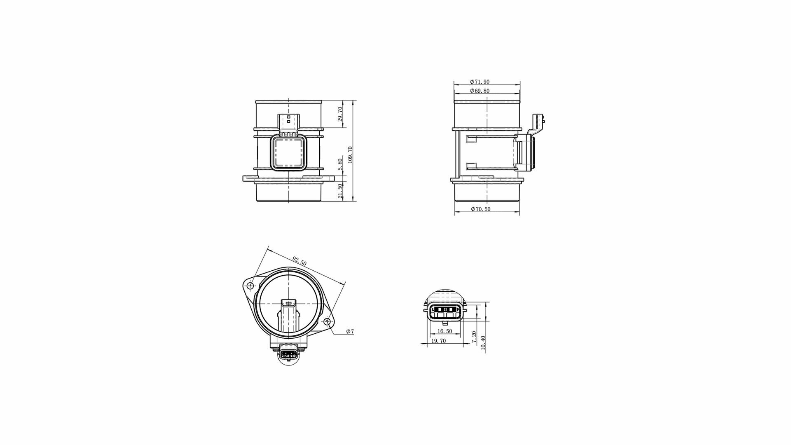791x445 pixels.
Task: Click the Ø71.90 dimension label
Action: [480, 82]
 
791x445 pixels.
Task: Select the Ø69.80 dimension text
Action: [480, 91]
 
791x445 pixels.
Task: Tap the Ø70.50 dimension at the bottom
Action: [480, 209]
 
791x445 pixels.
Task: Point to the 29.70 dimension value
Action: [340, 114]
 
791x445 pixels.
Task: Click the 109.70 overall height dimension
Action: [350, 155]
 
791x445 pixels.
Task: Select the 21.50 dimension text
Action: [340, 191]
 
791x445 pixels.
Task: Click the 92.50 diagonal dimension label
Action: [300, 261]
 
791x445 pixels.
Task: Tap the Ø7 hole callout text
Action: [350, 331]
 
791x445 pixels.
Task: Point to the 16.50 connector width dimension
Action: [445, 331]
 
